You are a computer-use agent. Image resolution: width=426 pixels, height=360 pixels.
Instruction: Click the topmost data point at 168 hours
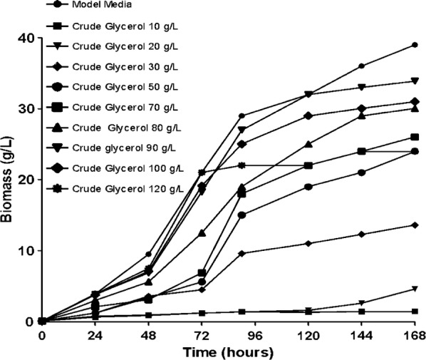(415, 45)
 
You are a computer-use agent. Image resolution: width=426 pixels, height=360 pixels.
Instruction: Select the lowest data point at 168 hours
(415, 312)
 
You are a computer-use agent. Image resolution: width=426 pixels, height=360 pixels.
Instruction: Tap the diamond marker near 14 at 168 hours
(415, 225)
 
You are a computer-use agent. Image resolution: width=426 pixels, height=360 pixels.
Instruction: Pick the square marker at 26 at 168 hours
(415, 138)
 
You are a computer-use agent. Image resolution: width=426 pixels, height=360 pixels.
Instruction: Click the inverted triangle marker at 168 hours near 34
(415, 81)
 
